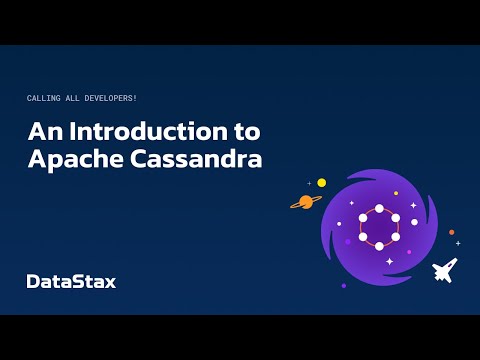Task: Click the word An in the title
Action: tap(42, 132)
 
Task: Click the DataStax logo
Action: tap(71, 281)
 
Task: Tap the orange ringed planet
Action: tap(305, 201)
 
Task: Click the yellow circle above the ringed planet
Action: tap(322, 183)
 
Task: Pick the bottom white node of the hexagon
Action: tap(379, 246)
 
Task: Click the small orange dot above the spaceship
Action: tap(451, 232)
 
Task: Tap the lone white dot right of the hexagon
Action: tap(414, 222)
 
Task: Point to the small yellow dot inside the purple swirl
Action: tap(396, 193)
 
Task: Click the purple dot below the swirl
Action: tap(343, 286)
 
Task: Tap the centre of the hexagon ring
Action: tap(379, 226)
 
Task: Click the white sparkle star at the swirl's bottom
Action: tap(389, 261)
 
